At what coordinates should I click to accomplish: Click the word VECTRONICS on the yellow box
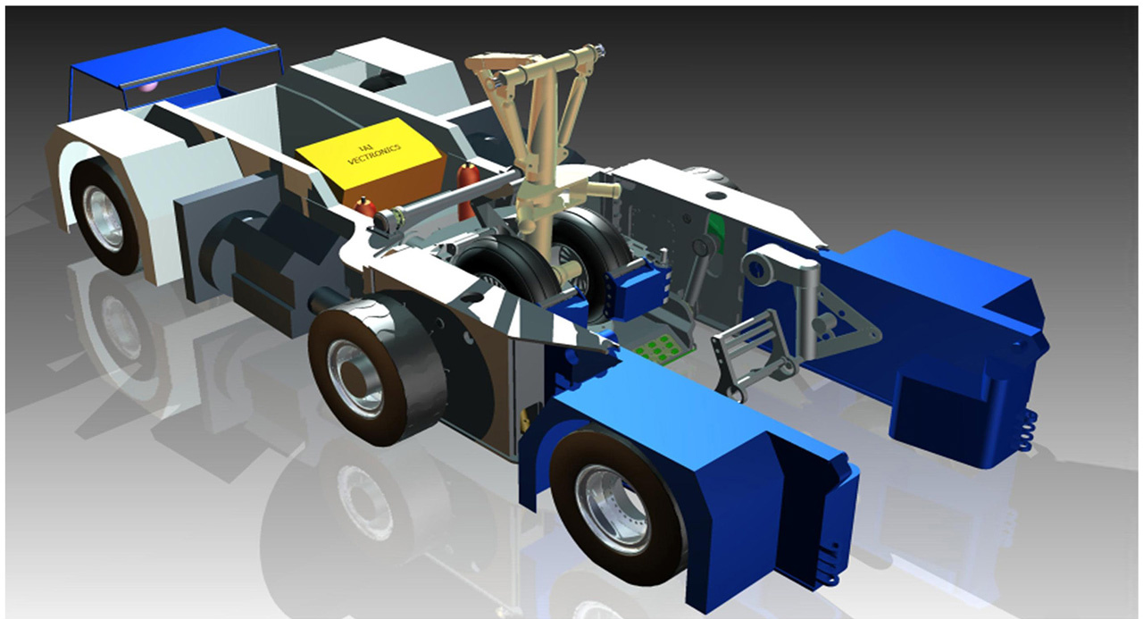click(x=373, y=155)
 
